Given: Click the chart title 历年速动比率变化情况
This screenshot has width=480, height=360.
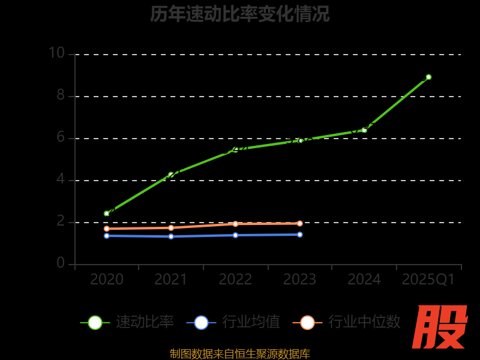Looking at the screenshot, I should pyautogui.click(x=239, y=14).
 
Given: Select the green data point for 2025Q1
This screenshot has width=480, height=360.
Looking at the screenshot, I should pyautogui.click(x=428, y=77).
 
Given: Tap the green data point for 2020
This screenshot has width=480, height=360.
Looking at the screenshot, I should pyautogui.click(x=107, y=214).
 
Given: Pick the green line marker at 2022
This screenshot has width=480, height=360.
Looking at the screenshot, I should pyautogui.click(x=235, y=149).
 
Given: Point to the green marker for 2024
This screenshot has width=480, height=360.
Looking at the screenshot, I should pyautogui.click(x=364, y=130).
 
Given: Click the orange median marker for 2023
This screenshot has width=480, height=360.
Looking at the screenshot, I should pyautogui.click(x=300, y=223).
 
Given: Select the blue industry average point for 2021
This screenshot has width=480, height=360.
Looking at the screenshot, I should pyautogui.click(x=171, y=236).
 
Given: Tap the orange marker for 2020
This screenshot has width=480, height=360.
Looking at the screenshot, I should pyautogui.click(x=107, y=229).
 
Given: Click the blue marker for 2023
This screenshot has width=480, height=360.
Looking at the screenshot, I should pyautogui.click(x=300, y=235).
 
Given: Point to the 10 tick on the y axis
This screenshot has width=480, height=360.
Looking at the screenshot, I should pyautogui.click(x=56, y=53).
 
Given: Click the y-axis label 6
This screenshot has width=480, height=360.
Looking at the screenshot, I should pyautogui.click(x=61, y=137).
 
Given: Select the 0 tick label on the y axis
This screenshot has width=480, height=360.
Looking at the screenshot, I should pyautogui.click(x=61, y=263).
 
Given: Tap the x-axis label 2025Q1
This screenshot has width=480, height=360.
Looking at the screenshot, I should pyautogui.click(x=428, y=280).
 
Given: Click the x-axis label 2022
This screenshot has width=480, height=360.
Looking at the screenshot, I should pyautogui.click(x=235, y=280).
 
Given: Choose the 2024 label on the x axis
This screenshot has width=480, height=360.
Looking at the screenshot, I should pyautogui.click(x=364, y=280).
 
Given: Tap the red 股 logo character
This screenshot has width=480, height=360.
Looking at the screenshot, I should pyautogui.click(x=440, y=327).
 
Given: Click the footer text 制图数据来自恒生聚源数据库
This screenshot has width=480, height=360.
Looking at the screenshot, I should pyautogui.click(x=239, y=353).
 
